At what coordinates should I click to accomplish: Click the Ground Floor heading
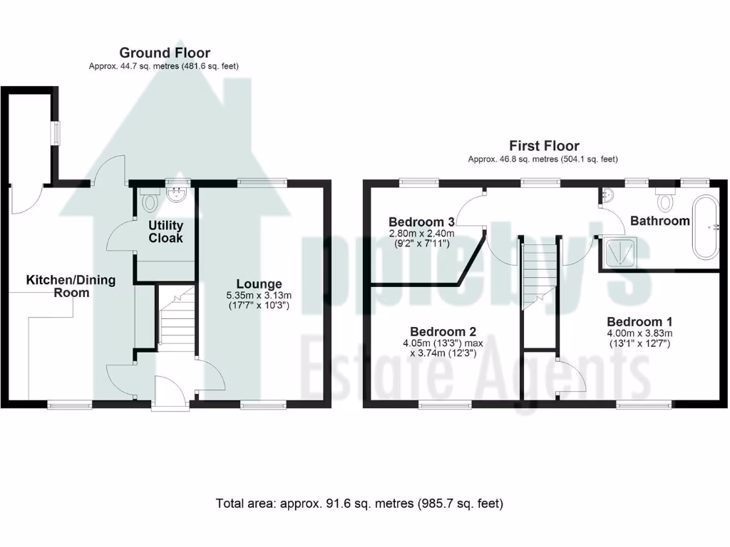pos(164,53)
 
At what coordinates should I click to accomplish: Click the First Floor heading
pos(543,146)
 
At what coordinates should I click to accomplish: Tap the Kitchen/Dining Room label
pos(71,286)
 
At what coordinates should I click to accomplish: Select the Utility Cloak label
pos(165,231)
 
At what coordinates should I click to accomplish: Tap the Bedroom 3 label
pos(421,221)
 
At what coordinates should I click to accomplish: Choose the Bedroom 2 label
pos(443,331)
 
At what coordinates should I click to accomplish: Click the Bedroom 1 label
pos(639,321)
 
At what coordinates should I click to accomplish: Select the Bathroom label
pos(659,221)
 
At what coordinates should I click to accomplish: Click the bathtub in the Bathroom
pos(709,226)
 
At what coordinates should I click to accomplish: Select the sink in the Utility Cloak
pos(175,194)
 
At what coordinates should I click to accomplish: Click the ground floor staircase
pos(175,321)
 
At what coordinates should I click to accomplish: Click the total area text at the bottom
pos(359,504)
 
